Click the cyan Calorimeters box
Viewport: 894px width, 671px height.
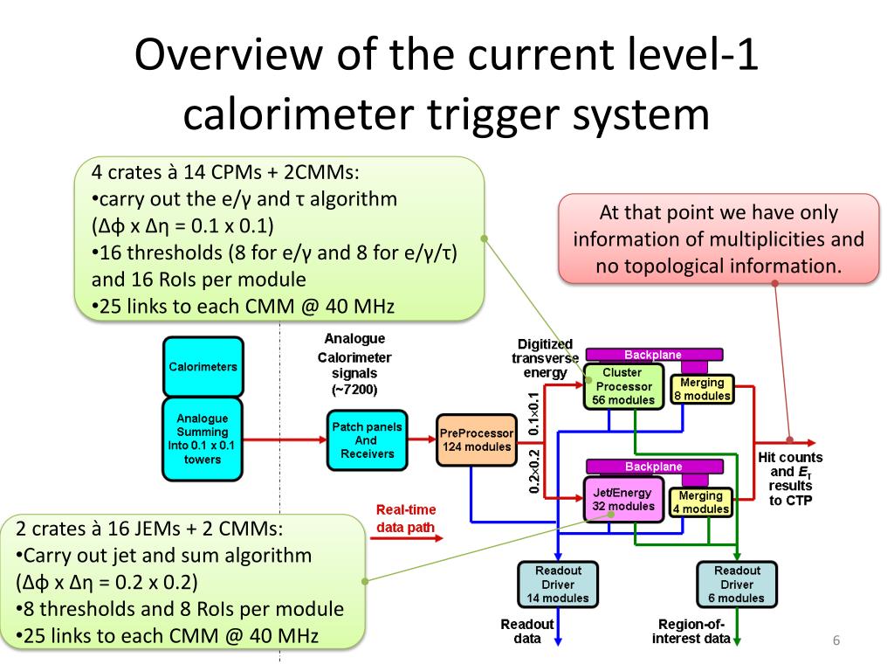coord(203,366)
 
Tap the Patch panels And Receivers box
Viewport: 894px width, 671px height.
coord(367,439)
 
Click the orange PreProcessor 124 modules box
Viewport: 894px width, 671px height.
coord(476,439)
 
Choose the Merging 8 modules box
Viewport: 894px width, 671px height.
coord(701,389)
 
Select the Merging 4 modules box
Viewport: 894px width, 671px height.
coord(700,502)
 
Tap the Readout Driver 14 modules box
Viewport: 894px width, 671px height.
coord(558,585)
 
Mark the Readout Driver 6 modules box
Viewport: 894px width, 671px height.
coord(737,585)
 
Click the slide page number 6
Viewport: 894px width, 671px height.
coord(836,641)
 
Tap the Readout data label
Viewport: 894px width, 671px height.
coord(526,632)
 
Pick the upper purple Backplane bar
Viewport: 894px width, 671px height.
coord(653,355)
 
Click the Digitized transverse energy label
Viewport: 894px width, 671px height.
coord(545,358)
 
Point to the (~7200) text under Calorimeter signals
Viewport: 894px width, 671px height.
coord(354,388)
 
